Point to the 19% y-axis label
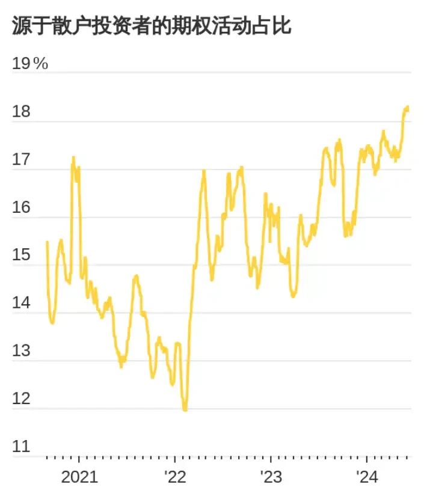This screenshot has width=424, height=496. tap(30, 64)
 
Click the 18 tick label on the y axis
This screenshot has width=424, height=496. tap(21, 112)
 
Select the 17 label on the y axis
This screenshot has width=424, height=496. tap(21, 161)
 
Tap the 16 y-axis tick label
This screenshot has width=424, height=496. tap(21, 208)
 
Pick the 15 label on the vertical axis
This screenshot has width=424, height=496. tap(21, 256)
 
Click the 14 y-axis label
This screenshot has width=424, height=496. tap(21, 304)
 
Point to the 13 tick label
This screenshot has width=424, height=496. tap(21, 351)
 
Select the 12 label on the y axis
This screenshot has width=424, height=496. tap(21, 399)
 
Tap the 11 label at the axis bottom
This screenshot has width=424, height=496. tap(21, 447)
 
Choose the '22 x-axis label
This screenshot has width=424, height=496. tap(175, 478)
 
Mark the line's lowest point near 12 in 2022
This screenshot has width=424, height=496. tap(185, 409)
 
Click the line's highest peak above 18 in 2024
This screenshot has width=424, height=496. tap(408, 107)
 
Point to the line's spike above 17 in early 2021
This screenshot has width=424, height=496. tap(73, 158)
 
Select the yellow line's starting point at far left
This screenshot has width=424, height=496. tap(47, 242)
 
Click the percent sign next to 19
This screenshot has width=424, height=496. tap(41, 64)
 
